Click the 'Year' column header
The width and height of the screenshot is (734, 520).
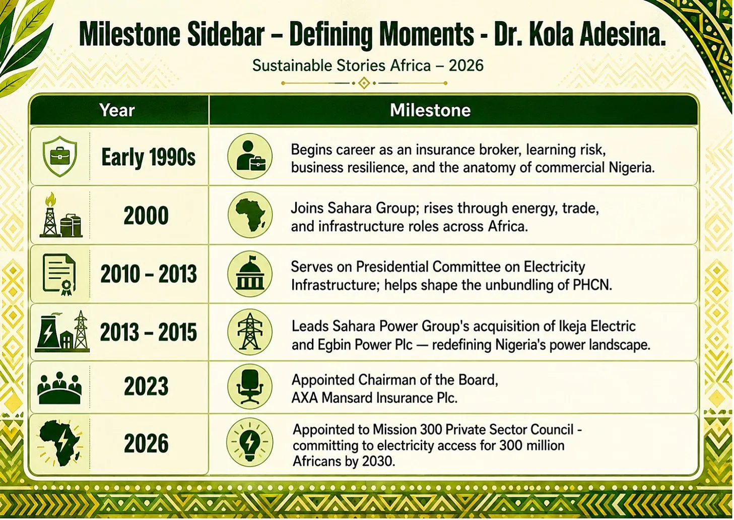tap(117, 110)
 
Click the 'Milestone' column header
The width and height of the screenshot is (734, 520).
tap(430, 110)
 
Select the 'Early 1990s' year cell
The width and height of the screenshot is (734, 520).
tap(148, 157)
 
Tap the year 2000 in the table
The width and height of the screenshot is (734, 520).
tap(146, 215)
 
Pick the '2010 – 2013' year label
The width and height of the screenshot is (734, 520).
tap(149, 274)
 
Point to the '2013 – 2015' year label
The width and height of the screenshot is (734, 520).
tap(149, 332)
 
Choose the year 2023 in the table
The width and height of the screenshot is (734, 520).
tap(146, 386)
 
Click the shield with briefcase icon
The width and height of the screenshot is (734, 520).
tap(60, 156)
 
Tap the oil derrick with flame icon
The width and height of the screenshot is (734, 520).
tap(61, 215)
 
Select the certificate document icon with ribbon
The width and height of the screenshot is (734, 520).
tap(59, 274)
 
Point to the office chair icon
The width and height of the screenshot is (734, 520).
tap(250, 386)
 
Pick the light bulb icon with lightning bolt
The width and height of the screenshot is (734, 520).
tap(250, 442)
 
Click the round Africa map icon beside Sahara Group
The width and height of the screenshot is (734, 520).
tap(250, 215)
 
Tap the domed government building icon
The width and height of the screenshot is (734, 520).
tap(250, 274)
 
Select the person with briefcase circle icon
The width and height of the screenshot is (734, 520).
tap(250, 156)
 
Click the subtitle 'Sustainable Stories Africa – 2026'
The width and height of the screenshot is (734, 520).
tap(368, 66)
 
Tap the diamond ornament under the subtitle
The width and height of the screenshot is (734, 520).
tap(364, 83)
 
